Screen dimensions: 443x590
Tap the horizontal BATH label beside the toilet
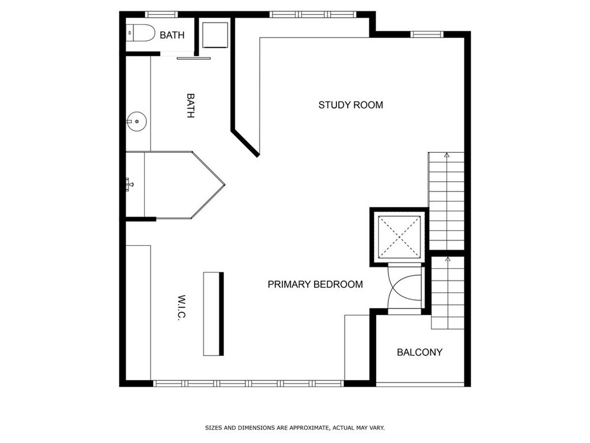172,35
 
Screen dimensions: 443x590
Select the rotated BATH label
190,106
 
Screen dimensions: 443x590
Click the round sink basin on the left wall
137,122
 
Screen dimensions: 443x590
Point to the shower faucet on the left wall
130,185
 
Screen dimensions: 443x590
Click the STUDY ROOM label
350,105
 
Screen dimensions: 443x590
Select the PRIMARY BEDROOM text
315,284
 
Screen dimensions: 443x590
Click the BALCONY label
419,352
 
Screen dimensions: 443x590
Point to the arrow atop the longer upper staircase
447,155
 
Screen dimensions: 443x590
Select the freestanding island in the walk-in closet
213,313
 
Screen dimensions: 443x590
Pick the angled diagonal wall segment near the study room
245,143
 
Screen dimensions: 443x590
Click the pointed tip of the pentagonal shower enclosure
224,185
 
